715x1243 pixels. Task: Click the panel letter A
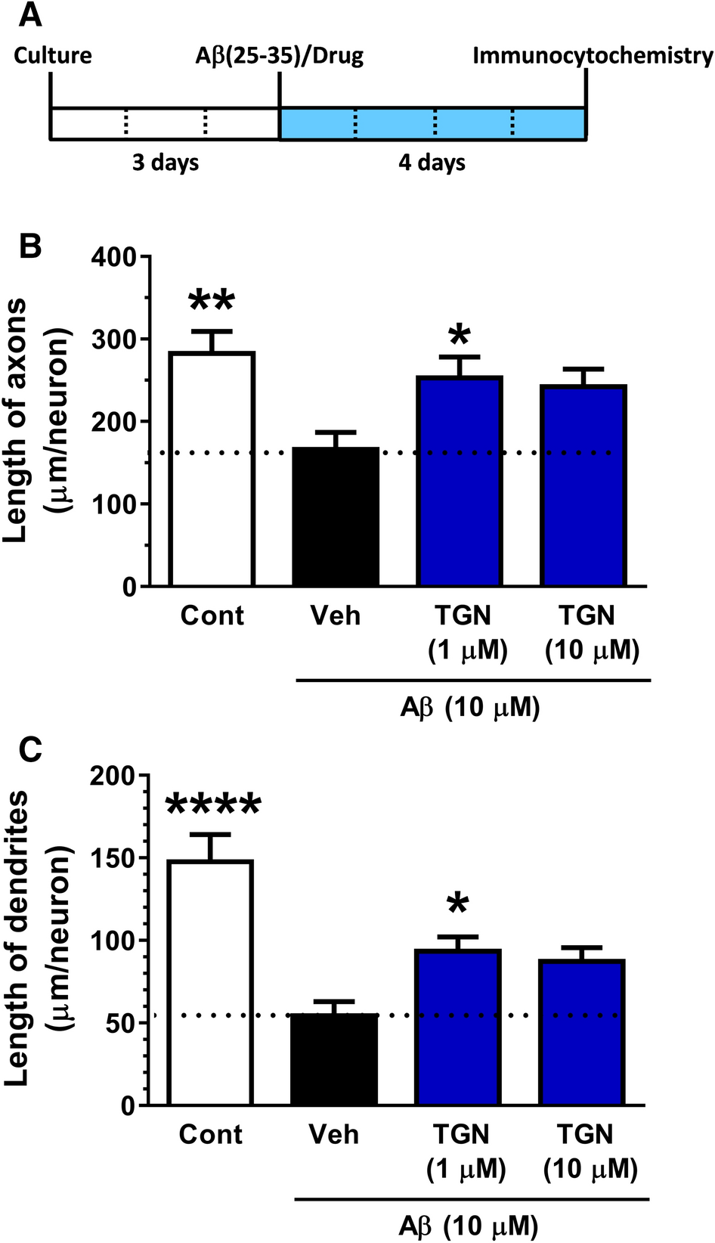(x=30, y=15)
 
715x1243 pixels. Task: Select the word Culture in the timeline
(x=53, y=56)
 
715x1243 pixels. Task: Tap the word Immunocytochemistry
(x=592, y=56)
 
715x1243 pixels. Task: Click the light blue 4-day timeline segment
(x=432, y=124)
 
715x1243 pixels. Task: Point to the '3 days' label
(x=166, y=163)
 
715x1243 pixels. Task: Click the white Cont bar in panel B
(x=212, y=469)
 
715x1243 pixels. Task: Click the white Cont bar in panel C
(x=210, y=982)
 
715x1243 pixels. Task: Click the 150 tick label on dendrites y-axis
(x=113, y=859)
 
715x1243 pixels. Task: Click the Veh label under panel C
(x=333, y=1134)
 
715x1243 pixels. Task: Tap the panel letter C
(x=29, y=750)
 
